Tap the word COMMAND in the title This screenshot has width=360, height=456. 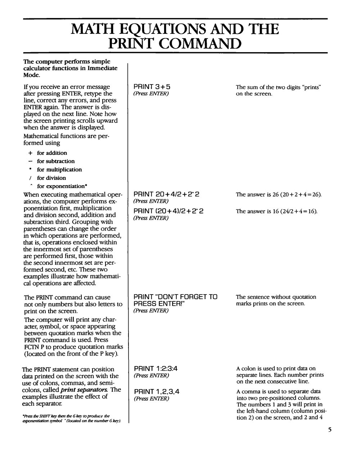[194, 44]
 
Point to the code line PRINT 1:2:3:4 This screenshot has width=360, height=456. [156, 369]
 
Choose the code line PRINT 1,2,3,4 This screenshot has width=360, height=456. [156, 392]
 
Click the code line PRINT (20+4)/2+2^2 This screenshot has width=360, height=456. [168, 211]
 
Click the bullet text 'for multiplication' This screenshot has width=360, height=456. [59, 170]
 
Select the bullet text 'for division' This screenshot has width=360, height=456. [51, 178]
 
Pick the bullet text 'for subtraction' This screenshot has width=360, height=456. [56, 161]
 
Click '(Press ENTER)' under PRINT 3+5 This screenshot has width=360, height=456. [151, 94]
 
